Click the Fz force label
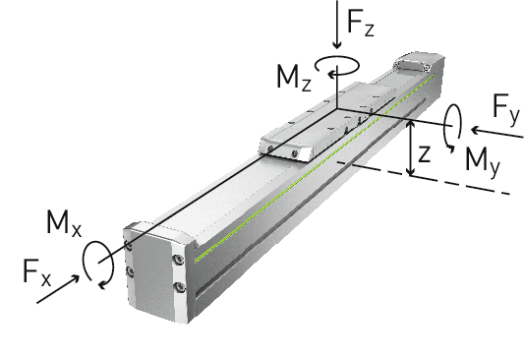[361, 23]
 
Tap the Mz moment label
[294, 78]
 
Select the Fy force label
[506, 107]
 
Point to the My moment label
[483, 160]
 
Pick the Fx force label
[37, 272]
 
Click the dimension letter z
[424, 154]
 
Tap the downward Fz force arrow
[337, 25]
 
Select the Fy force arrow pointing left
[496, 133]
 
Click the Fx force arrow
[58, 289]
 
